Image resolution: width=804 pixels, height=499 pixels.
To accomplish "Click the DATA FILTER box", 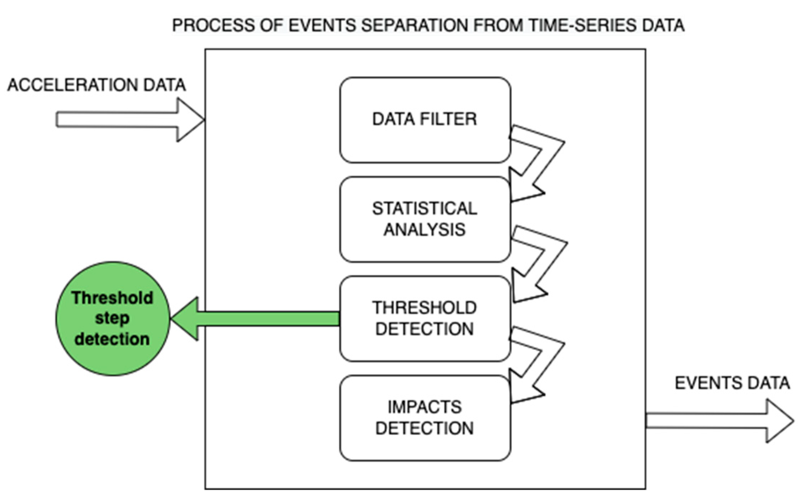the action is pos(425,120).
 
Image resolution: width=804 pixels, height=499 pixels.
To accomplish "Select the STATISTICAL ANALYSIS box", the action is pos(425,219).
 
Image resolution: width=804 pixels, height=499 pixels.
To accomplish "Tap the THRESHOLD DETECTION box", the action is pos(425,319).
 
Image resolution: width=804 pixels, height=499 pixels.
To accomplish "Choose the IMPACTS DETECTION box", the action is pos(425,418).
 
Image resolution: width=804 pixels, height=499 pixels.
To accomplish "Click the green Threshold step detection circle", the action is pos(113,319).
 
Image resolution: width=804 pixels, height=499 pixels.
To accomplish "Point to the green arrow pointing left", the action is pos(255,319).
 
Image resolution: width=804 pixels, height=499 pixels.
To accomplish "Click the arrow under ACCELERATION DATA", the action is pos(130,120).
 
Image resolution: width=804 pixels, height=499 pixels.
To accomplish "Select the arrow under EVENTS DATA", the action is pos(720,421).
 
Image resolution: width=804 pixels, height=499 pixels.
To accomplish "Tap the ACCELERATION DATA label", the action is pos(96,85).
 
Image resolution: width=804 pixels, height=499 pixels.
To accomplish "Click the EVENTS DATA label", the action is pos(732,383).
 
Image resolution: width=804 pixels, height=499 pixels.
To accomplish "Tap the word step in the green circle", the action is pos(112,318).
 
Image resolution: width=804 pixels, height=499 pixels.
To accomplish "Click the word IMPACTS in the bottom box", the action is pos(425,407).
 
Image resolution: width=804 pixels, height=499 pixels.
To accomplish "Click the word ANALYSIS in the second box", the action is pos(425,229).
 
